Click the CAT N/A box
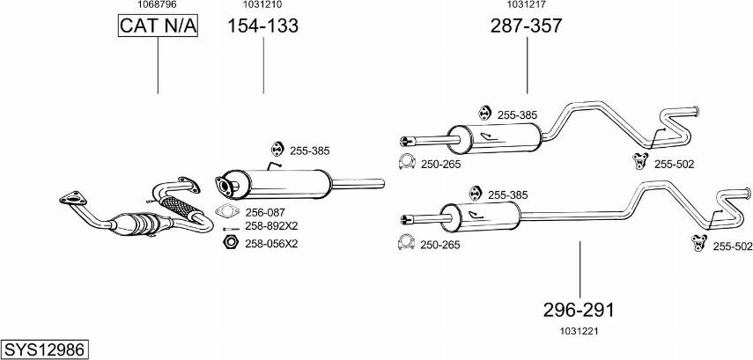[159, 27]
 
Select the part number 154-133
[263, 26]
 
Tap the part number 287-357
[526, 26]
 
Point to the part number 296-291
[578, 310]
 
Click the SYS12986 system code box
[45, 349]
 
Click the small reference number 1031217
[527, 5]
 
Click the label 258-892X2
[271, 227]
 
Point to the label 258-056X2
[271, 243]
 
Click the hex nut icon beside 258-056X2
[229, 243]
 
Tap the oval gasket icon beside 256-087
[226, 211]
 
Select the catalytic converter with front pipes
[141, 216]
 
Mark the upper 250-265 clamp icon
[407, 162]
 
